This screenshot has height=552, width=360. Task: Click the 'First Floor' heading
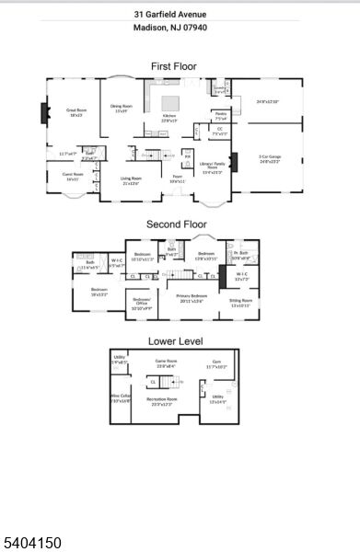[173, 66]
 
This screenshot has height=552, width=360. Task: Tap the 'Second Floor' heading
[174, 224]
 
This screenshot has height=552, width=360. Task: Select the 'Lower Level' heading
[175, 341]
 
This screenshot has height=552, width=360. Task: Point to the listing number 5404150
[32, 543]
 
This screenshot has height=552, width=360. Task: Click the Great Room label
[75, 111]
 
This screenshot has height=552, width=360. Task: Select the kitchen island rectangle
[172, 102]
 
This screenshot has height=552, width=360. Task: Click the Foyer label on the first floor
[177, 178]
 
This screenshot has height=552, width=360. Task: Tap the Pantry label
[221, 116]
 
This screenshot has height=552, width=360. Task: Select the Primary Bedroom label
[192, 299]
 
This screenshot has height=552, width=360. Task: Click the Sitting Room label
[241, 300]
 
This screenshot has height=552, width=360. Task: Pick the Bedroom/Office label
[142, 303]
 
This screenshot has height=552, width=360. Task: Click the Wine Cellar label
[121, 399]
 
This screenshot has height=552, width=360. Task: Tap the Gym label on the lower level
[216, 363]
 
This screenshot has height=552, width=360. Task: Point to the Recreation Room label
[166, 401]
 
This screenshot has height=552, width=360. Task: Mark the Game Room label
[166, 362]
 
